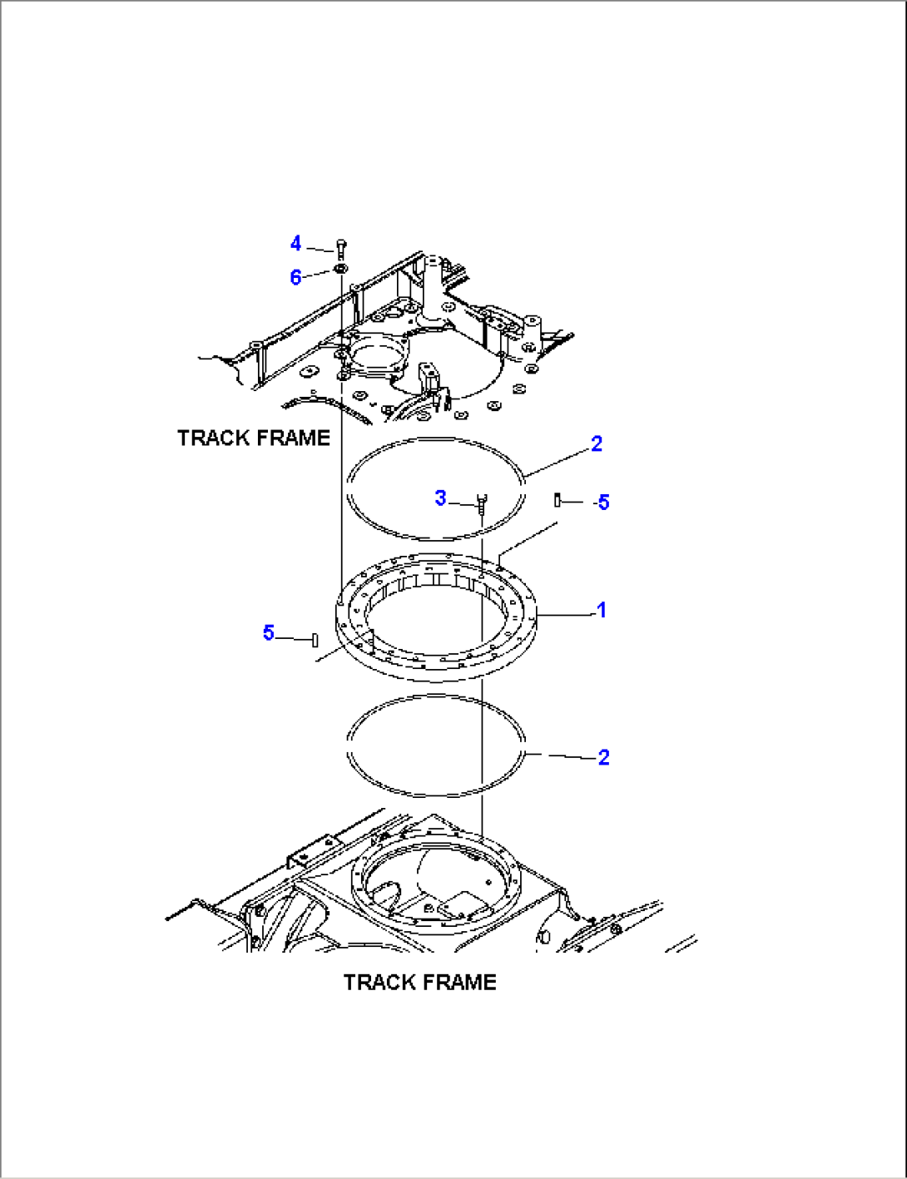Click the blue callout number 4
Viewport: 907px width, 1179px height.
[x=295, y=244]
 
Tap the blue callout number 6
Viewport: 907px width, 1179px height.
[x=295, y=277]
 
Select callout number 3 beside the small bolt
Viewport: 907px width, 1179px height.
[x=441, y=498]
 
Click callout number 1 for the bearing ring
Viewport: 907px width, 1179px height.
[x=602, y=611]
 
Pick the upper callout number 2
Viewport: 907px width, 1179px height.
[x=597, y=444]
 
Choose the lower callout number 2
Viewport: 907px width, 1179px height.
[x=603, y=757]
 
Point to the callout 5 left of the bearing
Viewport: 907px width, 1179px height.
[x=268, y=633]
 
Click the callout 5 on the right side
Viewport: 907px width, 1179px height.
[x=603, y=503]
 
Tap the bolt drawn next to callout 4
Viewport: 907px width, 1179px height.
[x=340, y=247]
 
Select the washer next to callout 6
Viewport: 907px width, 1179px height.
[x=340, y=269]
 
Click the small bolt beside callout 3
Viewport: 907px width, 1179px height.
[x=481, y=502]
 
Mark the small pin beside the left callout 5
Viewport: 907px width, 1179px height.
[x=315, y=640]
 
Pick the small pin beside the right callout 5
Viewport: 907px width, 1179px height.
[x=558, y=499]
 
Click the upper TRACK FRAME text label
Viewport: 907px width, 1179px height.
[x=254, y=438]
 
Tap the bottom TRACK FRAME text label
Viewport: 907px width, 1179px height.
[x=420, y=983]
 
